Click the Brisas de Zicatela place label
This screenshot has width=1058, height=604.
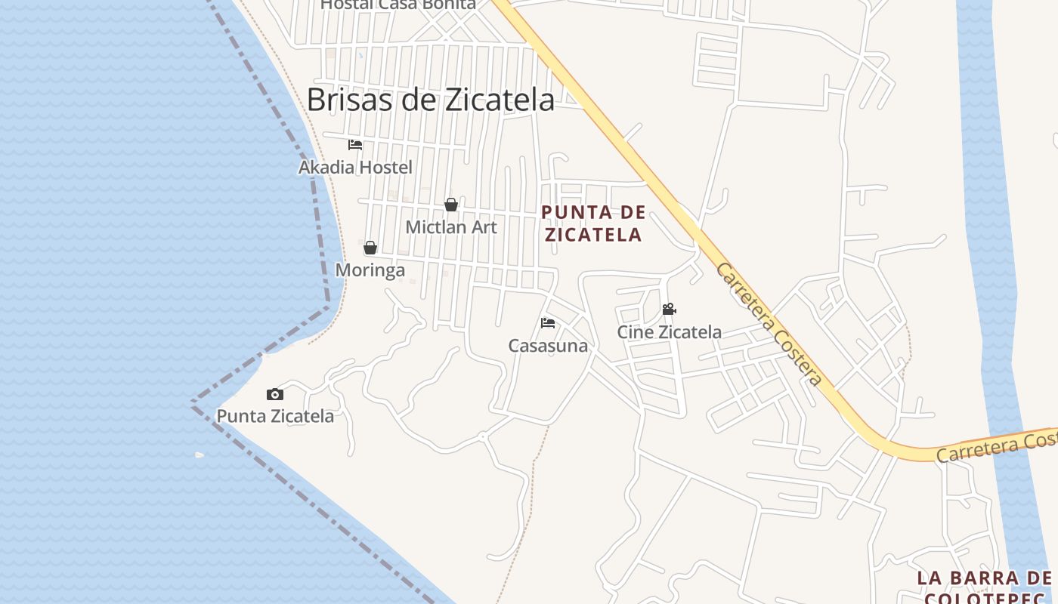[430, 100]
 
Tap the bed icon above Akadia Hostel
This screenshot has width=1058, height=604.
[355, 145]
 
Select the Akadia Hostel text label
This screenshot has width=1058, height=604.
[355, 167]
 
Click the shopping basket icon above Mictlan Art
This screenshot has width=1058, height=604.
[451, 205]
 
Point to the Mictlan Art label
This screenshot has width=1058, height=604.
[451, 226]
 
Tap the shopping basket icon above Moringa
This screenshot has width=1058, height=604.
[370, 248]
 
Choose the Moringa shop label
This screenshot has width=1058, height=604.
[370, 270]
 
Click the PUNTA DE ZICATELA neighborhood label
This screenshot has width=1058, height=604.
[594, 223]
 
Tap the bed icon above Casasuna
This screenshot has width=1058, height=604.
[548, 323]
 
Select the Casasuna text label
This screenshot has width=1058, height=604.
[548, 346]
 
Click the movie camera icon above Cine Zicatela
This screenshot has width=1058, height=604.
[669, 310]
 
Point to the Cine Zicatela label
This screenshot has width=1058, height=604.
[670, 331]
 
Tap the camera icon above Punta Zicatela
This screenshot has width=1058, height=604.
[275, 394]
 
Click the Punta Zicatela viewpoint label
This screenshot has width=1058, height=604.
[275, 416]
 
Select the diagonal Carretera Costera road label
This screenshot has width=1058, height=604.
[769, 324]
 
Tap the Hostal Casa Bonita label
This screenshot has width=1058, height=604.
[398, 5]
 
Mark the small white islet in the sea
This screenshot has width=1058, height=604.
[200, 455]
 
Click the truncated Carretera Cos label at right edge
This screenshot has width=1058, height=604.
[996, 447]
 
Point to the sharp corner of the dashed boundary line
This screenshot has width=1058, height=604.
[193, 402]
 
